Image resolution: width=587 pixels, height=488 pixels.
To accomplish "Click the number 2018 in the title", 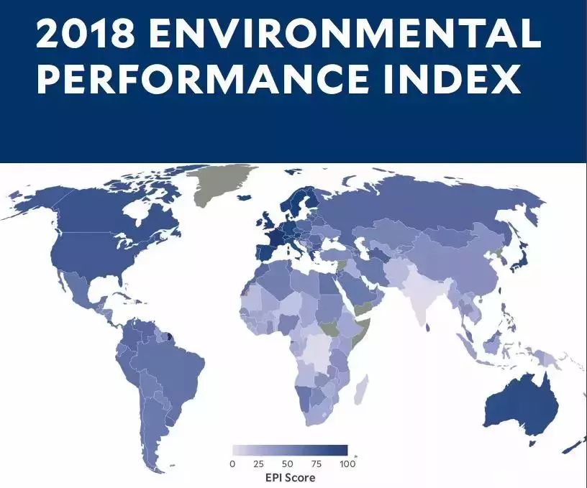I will (84, 34).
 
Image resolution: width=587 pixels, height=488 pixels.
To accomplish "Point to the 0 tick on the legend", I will (232, 464).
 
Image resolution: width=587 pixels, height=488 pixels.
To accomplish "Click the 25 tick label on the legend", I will (259, 464).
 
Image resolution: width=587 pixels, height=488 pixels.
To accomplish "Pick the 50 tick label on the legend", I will (288, 464).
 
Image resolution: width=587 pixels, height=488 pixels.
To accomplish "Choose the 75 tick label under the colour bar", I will (317, 464).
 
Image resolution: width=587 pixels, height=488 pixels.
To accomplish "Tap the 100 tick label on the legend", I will (347, 464).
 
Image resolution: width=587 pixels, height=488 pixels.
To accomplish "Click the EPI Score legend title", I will (289, 477).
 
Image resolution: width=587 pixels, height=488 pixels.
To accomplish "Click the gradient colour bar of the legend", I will (289, 451).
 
